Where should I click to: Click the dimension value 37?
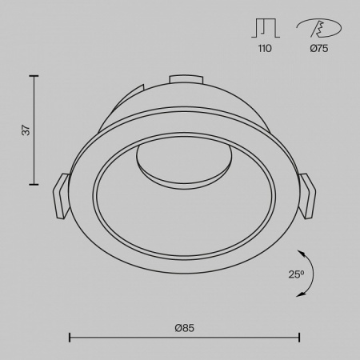coord(25,130)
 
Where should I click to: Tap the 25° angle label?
coord(296,274)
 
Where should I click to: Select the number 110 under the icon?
coord(265,49)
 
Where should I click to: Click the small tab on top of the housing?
coord(185,79)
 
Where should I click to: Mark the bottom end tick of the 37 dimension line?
coord(34,184)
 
